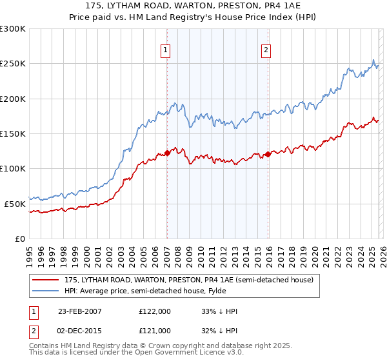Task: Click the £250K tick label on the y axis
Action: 13,64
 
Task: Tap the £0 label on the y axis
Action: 19,239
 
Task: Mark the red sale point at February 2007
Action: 167,153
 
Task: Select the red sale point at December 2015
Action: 267,154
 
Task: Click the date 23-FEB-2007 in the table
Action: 80,311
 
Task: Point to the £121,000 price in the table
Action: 155,331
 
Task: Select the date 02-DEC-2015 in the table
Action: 80,331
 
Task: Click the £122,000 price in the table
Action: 155,311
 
